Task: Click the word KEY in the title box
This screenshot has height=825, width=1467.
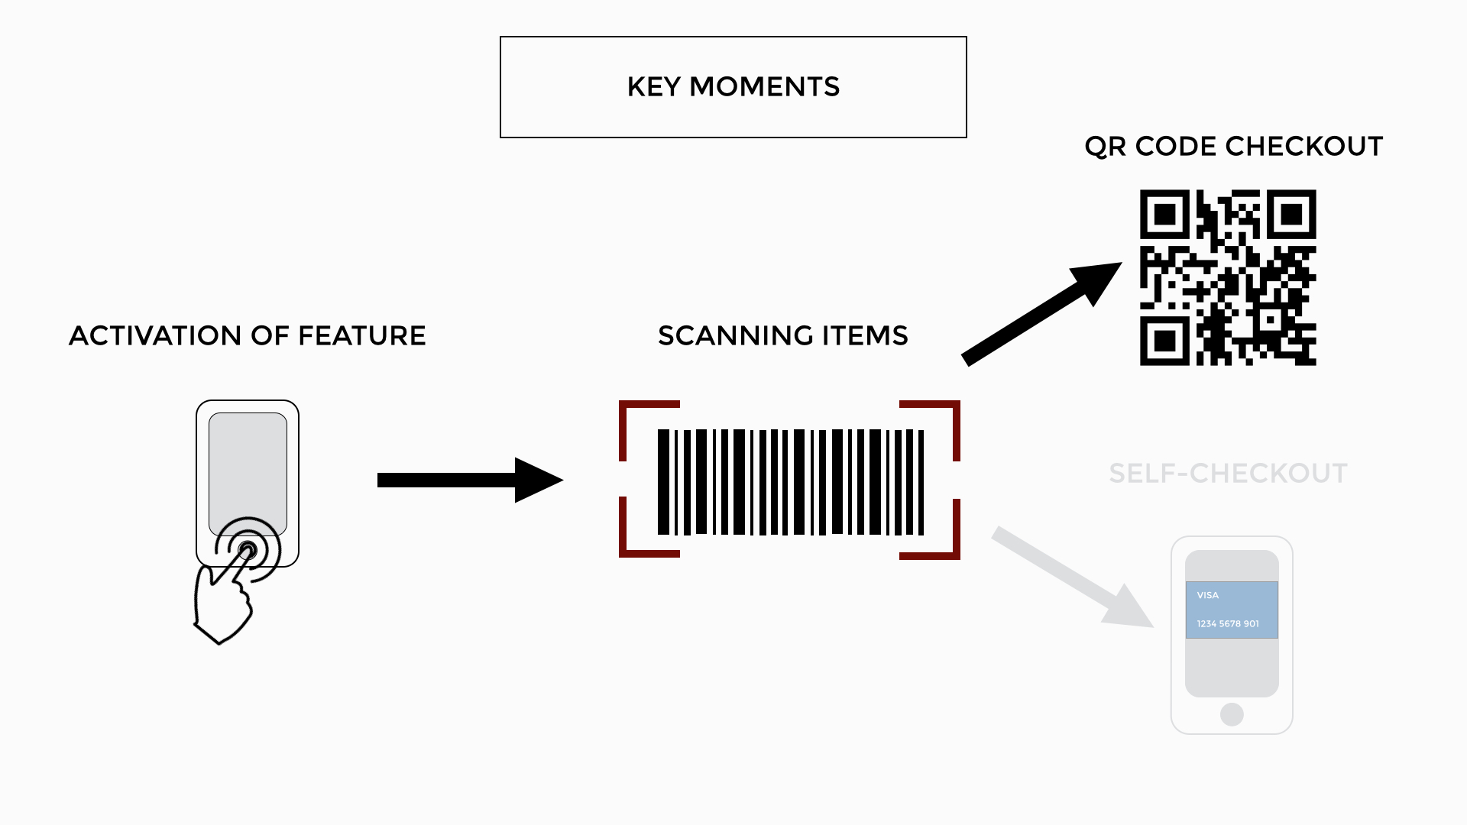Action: coord(653,87)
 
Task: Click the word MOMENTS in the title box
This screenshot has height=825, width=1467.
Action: coord(764,87)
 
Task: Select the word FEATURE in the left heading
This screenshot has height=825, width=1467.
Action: coord(361,336)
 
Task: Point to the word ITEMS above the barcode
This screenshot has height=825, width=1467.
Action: coord(865,336)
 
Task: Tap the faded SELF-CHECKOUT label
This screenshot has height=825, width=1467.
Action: coord(1228,474)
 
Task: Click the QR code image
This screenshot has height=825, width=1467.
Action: coord(1228,277)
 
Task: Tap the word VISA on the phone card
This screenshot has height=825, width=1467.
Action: coord(1207,595)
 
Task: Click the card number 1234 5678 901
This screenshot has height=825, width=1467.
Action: coord(1228,624)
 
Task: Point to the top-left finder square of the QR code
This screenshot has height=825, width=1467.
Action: coord(1164,215)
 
